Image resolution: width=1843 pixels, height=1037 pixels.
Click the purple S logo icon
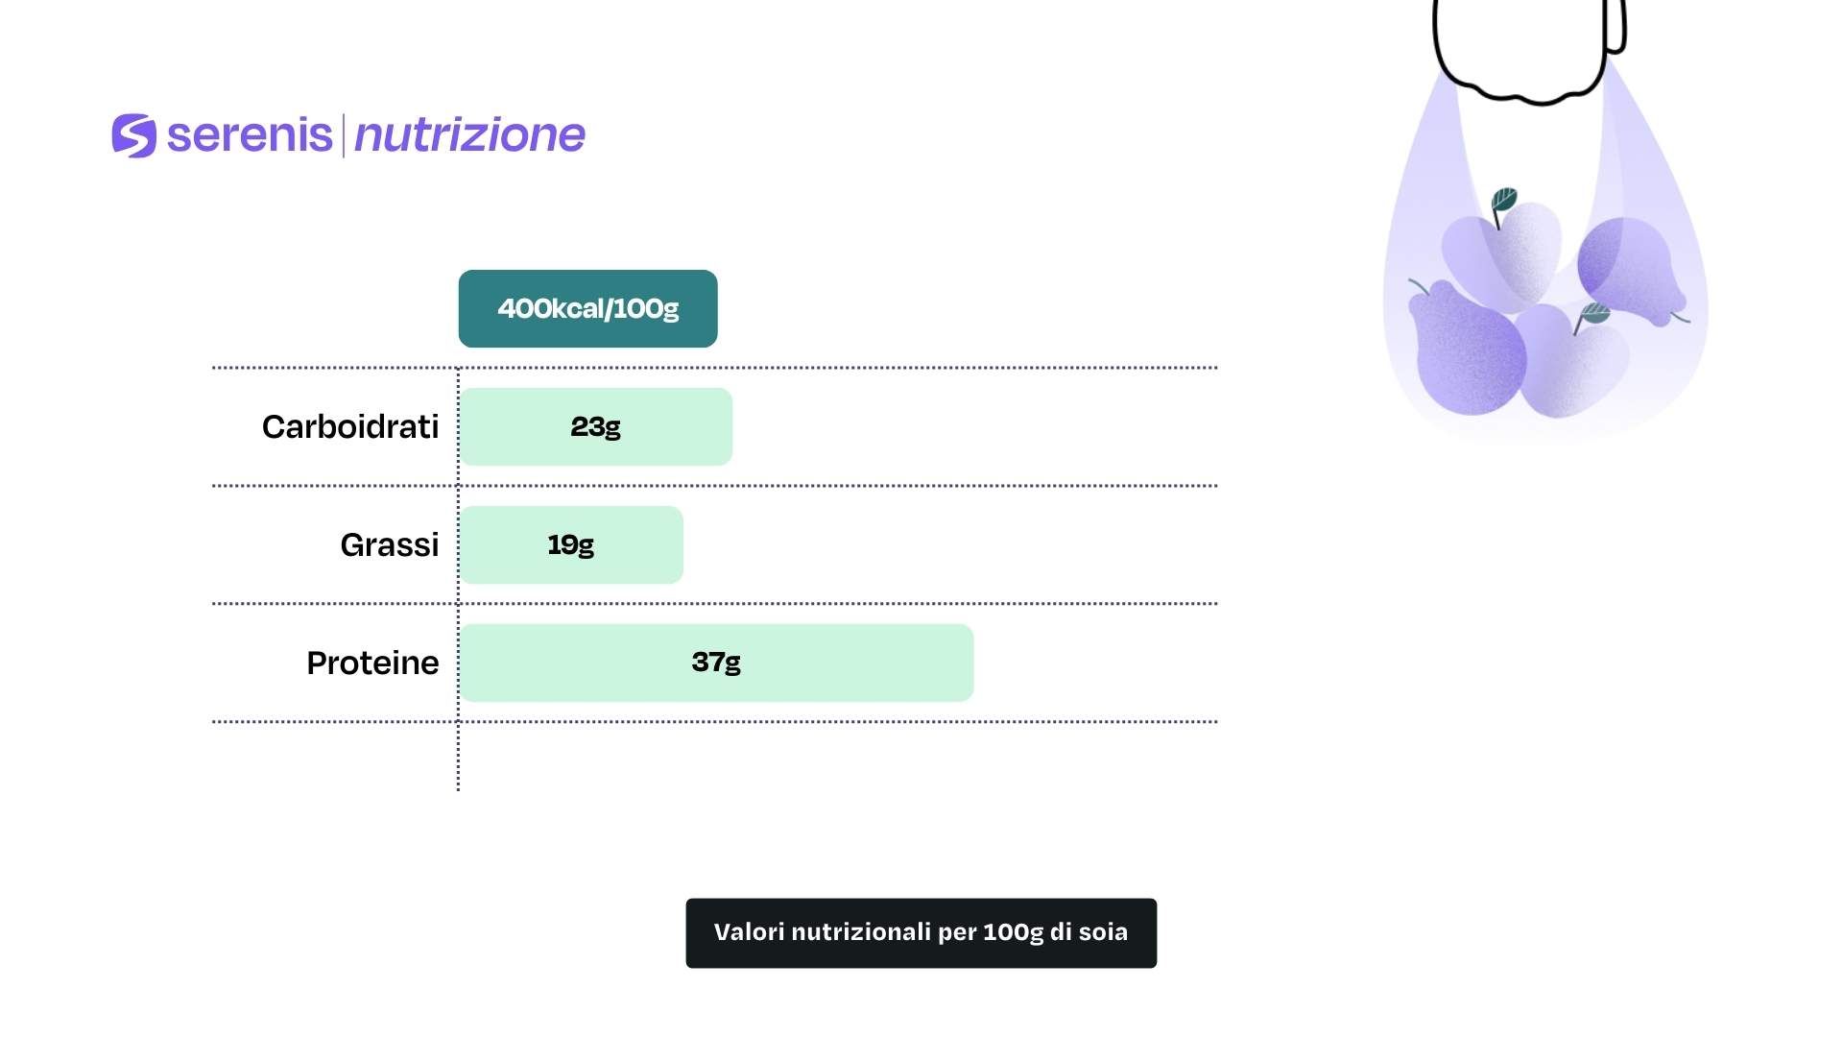pyautogui.click(x=133, y=135)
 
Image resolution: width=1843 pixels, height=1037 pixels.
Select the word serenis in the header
pyautogui.click(x=250, y=134)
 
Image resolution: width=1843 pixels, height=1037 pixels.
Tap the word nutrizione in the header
pyautogui.click(x=469, y=135)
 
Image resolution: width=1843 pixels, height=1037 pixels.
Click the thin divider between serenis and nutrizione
pyautogui.click(x=343, y=135)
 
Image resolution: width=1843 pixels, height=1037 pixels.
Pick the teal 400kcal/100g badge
pyautogui.click(x=587, y=308)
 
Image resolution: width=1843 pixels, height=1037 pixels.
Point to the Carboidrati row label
pyautogui.click(x=350, y=426)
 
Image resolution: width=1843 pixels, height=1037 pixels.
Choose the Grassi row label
pyautogui.click(x=390, y=544)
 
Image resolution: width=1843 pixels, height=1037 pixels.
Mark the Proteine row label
pyautogui.click(x=372, y=663)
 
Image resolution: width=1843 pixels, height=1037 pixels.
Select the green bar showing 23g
pyautogui.click(x=596, y=426)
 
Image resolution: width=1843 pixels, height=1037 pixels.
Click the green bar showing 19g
pyautogui.click(x=571, y=544)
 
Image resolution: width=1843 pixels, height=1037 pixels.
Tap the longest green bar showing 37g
pyautogui.click(x=717, y=663)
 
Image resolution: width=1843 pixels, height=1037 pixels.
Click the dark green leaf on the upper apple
pyautogui.click(x=1503, y=201)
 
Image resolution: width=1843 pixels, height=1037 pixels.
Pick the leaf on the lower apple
pyautogui.click(x=1594, y=313)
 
